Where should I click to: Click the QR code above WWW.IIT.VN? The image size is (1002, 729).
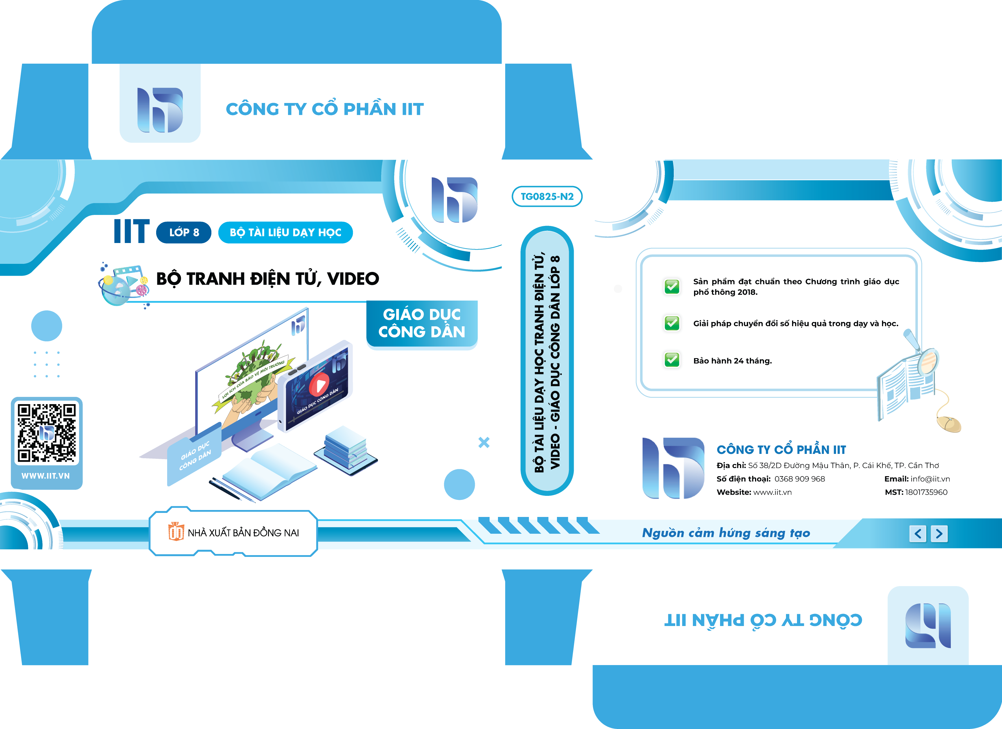[46, 433]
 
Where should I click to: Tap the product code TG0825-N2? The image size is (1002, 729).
[547, 196]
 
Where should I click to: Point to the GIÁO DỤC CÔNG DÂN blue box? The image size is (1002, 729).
[422, 324]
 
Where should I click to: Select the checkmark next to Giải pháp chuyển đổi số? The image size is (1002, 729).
[672, 323]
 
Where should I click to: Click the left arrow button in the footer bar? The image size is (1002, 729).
[918, 534]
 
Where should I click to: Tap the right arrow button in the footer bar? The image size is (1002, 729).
[939, 534]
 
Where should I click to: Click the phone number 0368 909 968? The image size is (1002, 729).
[800, 479]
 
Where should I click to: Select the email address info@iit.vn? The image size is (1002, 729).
[930, 479]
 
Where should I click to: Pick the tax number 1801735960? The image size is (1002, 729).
[926, 492]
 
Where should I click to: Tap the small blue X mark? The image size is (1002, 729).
[484, 442]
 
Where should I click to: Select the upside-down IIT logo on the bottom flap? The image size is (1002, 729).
[928, 625]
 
